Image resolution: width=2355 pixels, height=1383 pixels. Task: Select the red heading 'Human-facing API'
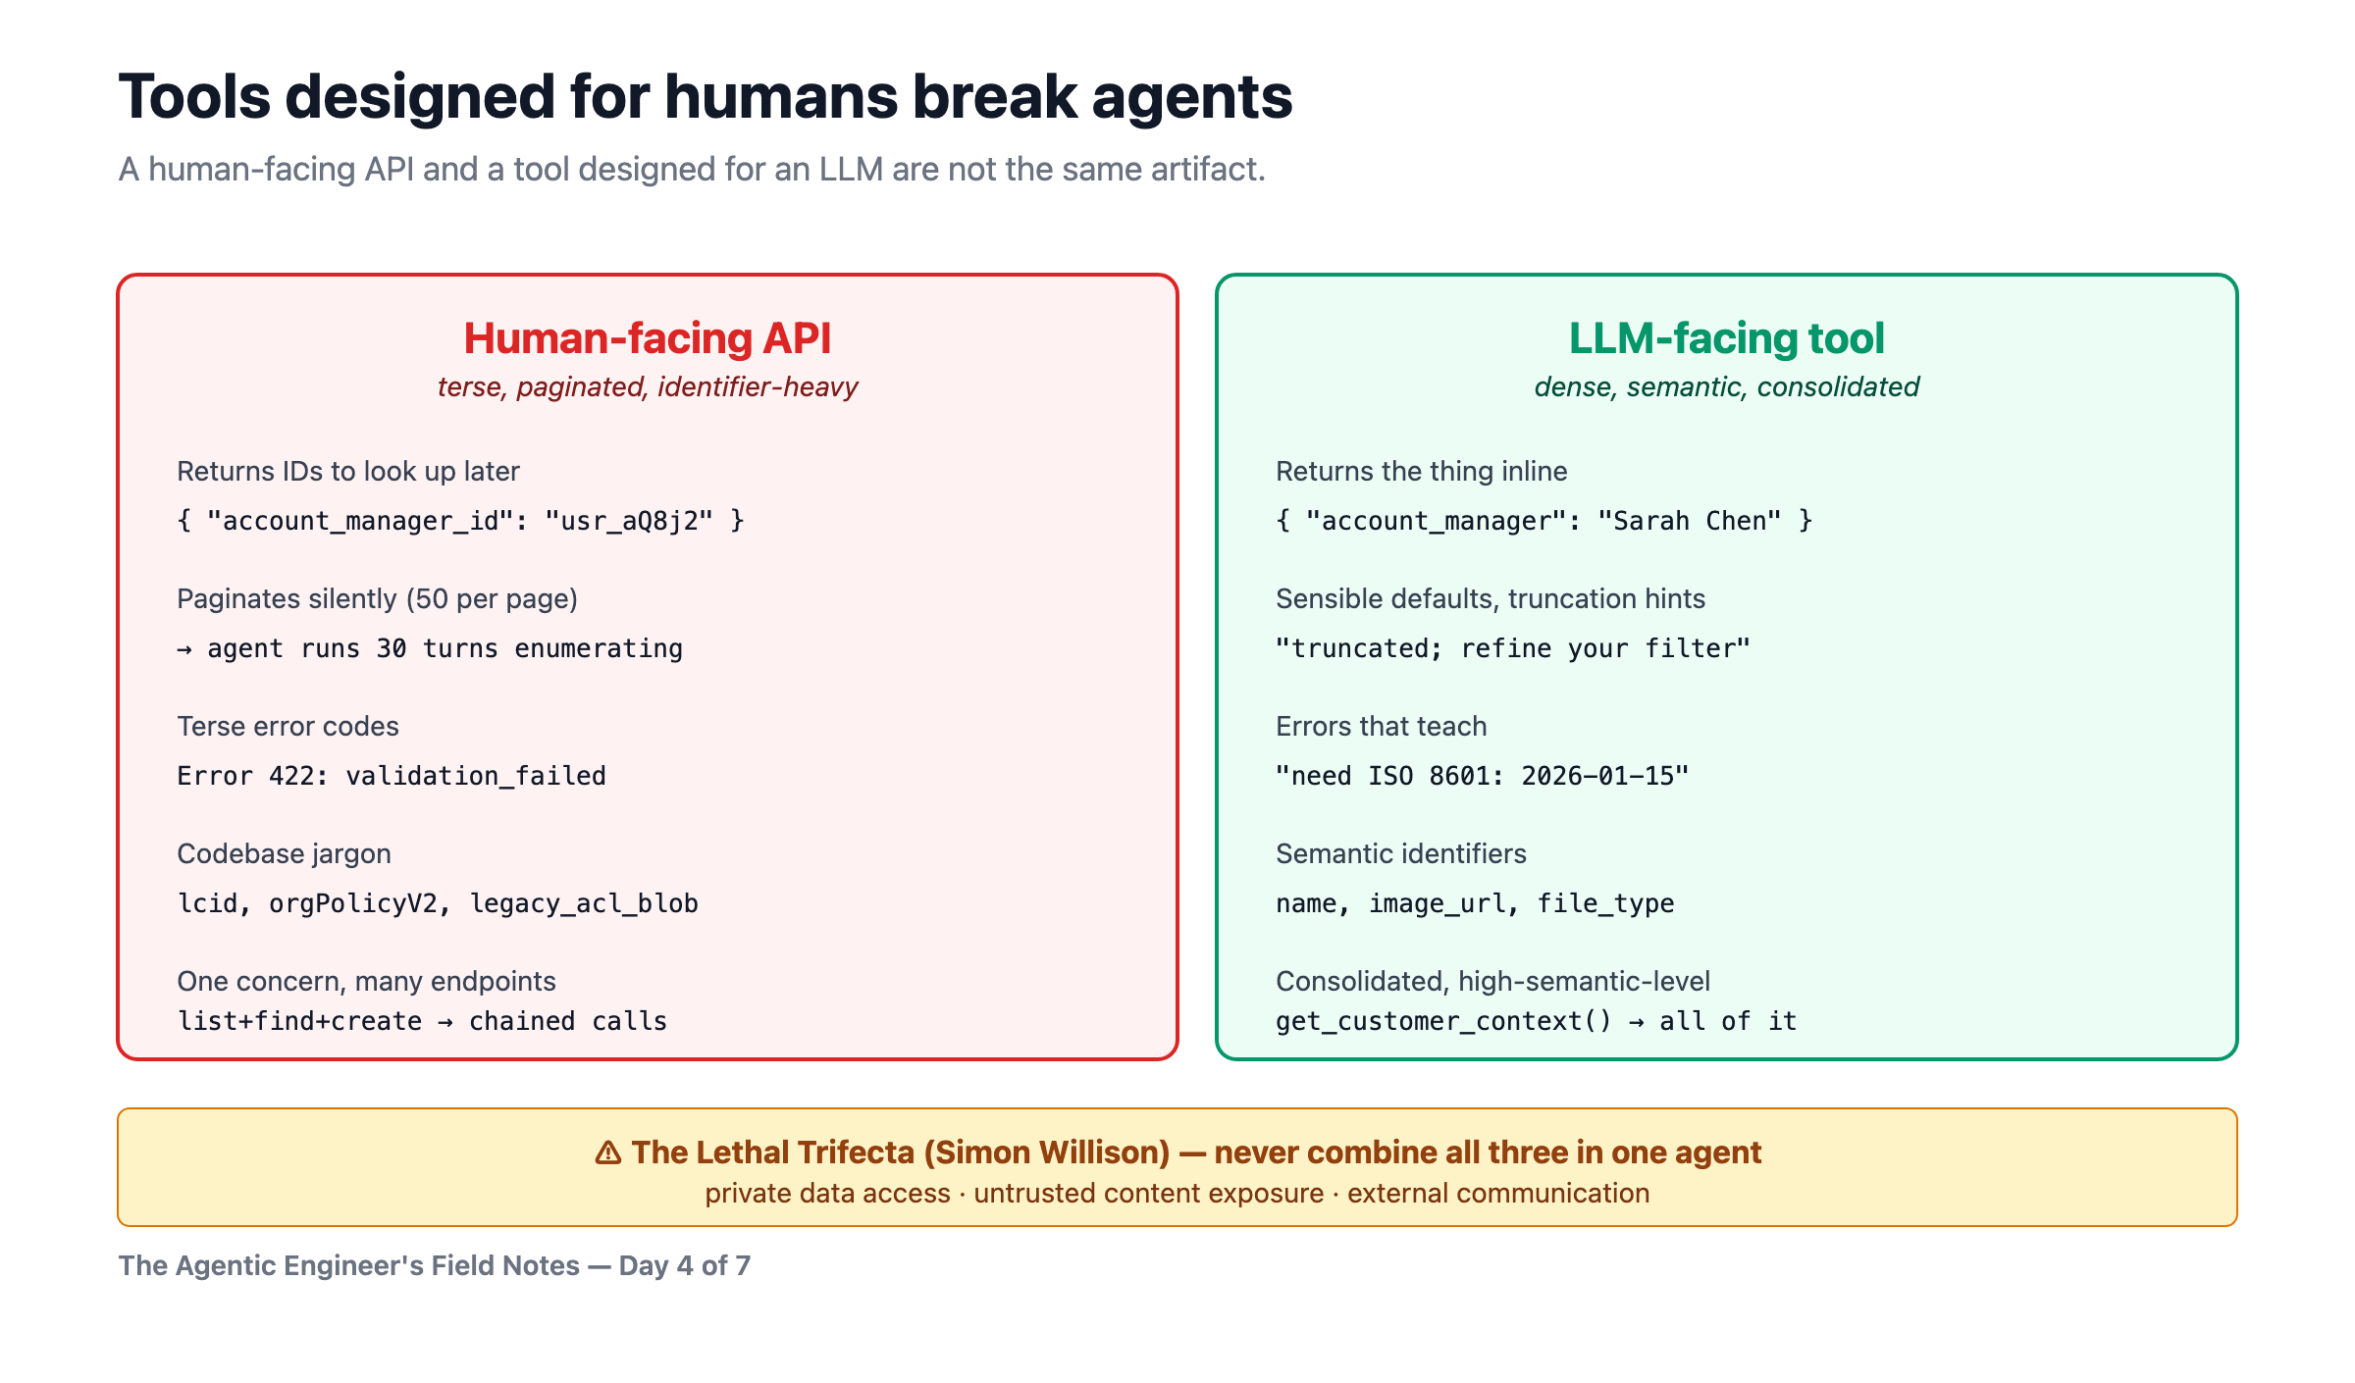[648, 338]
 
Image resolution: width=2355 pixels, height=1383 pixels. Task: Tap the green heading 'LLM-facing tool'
[1727, 338]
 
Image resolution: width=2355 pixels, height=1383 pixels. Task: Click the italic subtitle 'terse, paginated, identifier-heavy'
[648, 387]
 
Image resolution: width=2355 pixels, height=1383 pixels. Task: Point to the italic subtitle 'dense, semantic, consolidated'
[1727, 387]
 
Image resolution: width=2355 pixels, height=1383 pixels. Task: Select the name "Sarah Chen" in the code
[1689, 521]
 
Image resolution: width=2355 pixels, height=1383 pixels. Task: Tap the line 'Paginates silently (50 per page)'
[378, 599]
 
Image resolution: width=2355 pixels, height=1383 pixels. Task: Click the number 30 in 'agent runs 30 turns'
[392, 648]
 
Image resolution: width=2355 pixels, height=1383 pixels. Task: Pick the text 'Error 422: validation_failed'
[392, 776]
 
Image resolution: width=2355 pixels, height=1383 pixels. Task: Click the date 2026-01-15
[1596, 776]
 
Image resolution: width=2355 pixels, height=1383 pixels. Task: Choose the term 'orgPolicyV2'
[353, 903]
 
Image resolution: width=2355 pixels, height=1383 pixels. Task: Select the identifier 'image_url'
[1438, 903]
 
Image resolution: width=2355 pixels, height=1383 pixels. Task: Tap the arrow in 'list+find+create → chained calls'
[445, 1022]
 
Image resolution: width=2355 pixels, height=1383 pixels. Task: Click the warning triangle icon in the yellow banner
[608, 1152]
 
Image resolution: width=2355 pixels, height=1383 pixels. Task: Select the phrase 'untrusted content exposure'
[1149, 1194]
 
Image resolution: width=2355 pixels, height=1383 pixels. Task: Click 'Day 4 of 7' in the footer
[685, 1266]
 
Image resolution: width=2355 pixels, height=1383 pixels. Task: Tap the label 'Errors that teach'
[1382, 727]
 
